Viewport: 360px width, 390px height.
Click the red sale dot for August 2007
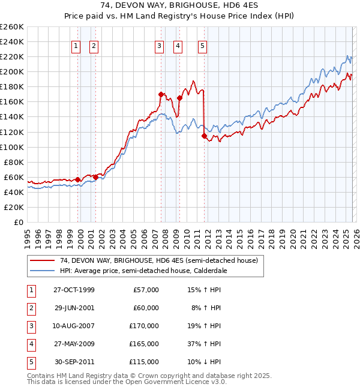(161, 94)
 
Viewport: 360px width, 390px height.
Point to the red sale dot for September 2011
(205, 136)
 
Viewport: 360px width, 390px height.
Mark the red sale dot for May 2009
(179, 98)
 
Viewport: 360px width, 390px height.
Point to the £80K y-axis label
(14, 162)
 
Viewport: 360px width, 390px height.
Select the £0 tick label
(19, 222)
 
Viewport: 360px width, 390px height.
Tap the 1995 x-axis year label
(28, 234)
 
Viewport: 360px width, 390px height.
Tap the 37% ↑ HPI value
(205, 344)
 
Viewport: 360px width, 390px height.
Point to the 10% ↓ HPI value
(205, 362)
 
